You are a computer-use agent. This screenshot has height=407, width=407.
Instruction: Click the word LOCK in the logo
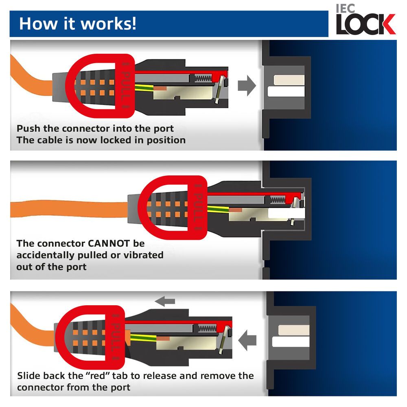click(x=365, y=25)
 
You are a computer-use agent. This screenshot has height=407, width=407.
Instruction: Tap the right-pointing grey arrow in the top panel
click(x=246, y=86)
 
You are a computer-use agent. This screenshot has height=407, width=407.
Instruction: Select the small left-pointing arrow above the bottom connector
click(x=165, y=302)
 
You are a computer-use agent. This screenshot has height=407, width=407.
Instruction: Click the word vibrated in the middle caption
click(x=144, y=255)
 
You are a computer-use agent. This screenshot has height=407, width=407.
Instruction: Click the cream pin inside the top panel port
click(x=289, y=80)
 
